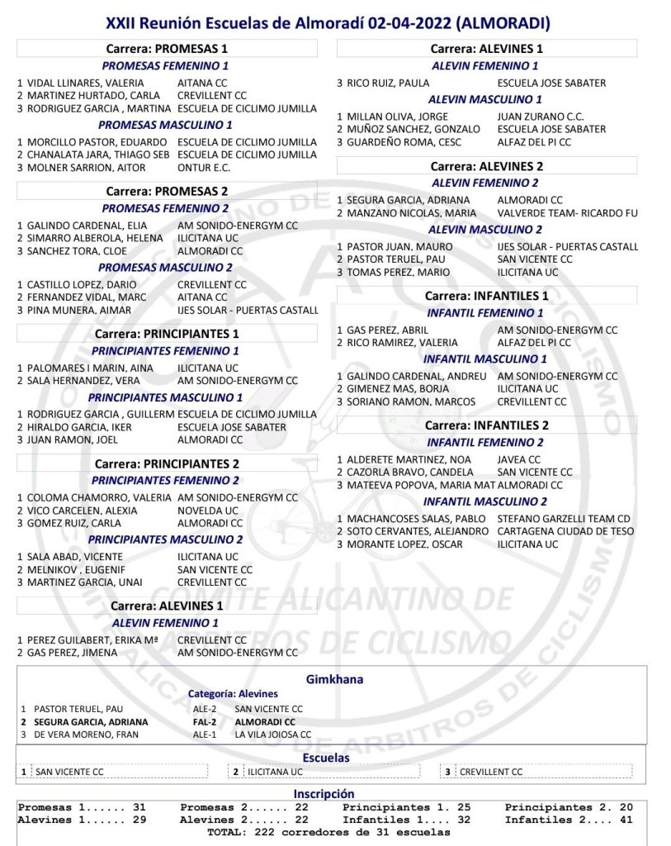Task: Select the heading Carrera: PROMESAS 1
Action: [x=167, y=49]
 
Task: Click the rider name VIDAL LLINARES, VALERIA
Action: [x=85, y=83]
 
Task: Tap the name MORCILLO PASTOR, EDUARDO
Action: [x=92, y=141]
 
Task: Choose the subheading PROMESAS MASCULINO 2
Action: [x=165, y=268]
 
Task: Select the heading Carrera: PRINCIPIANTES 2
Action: [x=167, y=463]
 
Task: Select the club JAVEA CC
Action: [x=519, y=459]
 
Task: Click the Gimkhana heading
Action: [x=334, y=679]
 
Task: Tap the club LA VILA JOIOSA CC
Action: [x=273, y=734]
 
